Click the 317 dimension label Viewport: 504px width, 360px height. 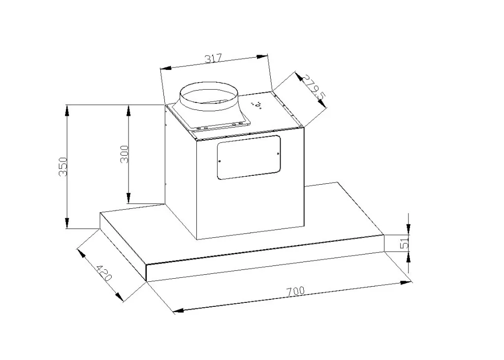point(214,59)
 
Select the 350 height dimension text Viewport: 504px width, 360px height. point(63,166)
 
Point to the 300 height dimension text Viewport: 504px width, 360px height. point(125,155)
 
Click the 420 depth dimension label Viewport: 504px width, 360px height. point(104,273)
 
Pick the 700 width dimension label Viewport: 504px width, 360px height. point(295,292)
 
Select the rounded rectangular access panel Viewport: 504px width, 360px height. point(249,157)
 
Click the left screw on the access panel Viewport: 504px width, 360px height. point(220,162)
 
